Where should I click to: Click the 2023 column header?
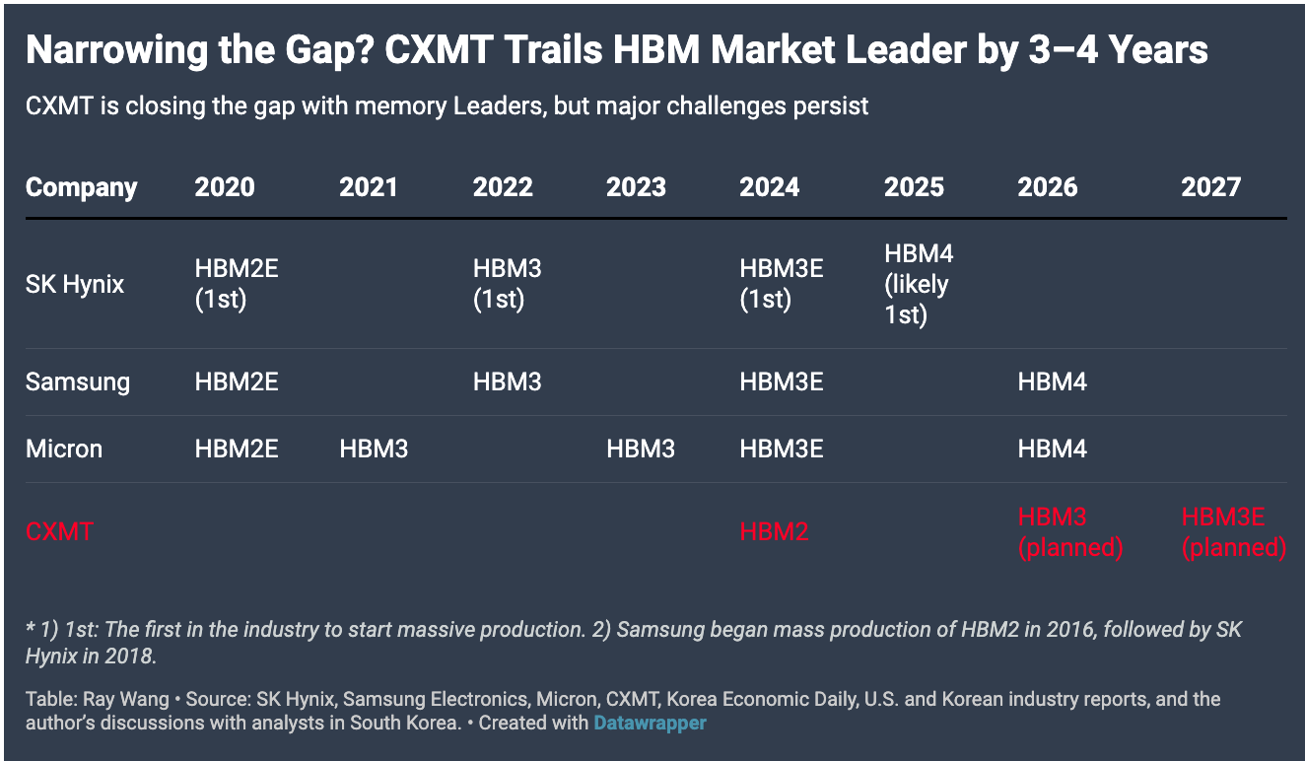pyautogui.click(x=636, y=187)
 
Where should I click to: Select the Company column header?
pyautogui.click(x=81, y=187)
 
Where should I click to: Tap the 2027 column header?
pyautogui.click(x=1210, y=187)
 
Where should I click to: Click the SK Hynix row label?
pyautogui.click(x=75, y=285)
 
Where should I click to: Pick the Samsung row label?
pyautogui.click(x=77, y=381)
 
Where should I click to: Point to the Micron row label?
pyautogui.click(x=64, y=450)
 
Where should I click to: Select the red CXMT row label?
pyautogui.click(x=59, y=532)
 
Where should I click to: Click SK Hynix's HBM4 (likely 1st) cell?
pyautogui.click(x=918, y=285)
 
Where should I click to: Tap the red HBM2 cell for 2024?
pyautogui.click(x=774, y=532)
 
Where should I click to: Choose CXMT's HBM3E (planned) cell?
pyautogui.click(x=1233, y=532)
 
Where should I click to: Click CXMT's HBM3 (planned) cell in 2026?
pyautogui.click(x=1069, y=532)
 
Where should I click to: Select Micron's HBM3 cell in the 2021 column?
pyautogui.click(x=374, y=450)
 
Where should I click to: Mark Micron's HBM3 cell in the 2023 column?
pyautogui.click(x=640, y=450)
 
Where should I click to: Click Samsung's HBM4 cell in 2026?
pyautogui.click(x=1052, y=381)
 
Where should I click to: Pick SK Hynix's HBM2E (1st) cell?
pyautogui.click(x=237, y=285)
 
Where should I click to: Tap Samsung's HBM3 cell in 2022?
pyautogui.click(x=507, y=381)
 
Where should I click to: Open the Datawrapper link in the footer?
pyautogui.click(x=650, y=724)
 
